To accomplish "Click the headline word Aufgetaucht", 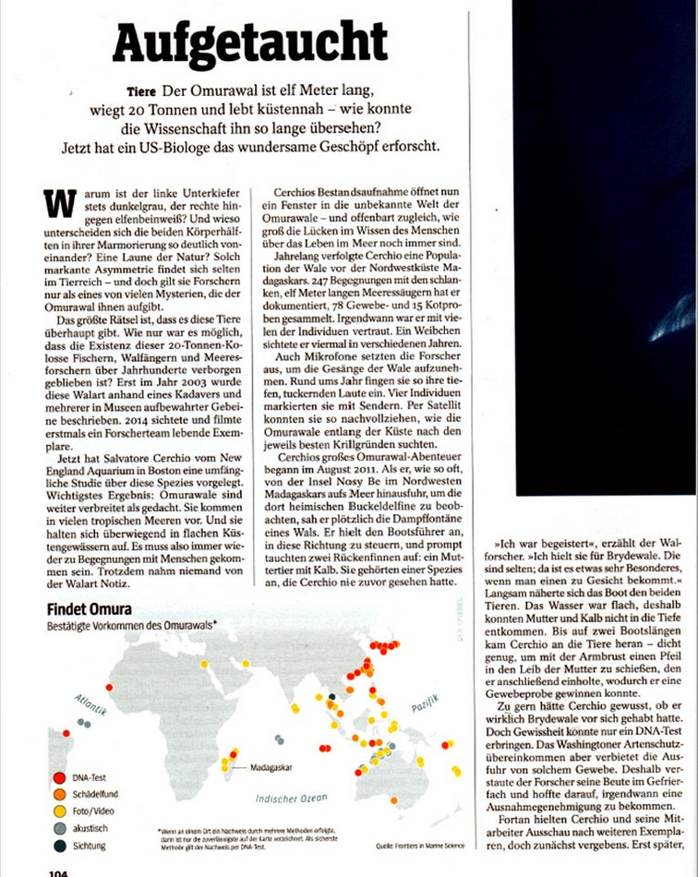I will click(x=250, y=43).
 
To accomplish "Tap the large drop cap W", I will click(x=58, y=202).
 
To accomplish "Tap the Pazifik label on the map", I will click(x=424, y=709).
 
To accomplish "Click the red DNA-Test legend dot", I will click(x=59, y=779).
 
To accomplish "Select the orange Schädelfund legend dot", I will click(x=59, y=796).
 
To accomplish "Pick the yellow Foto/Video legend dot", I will click(x=59, y=812).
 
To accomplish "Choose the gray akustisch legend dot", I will click(x=59, y=829).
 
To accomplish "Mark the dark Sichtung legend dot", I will click(x=59, y=846).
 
